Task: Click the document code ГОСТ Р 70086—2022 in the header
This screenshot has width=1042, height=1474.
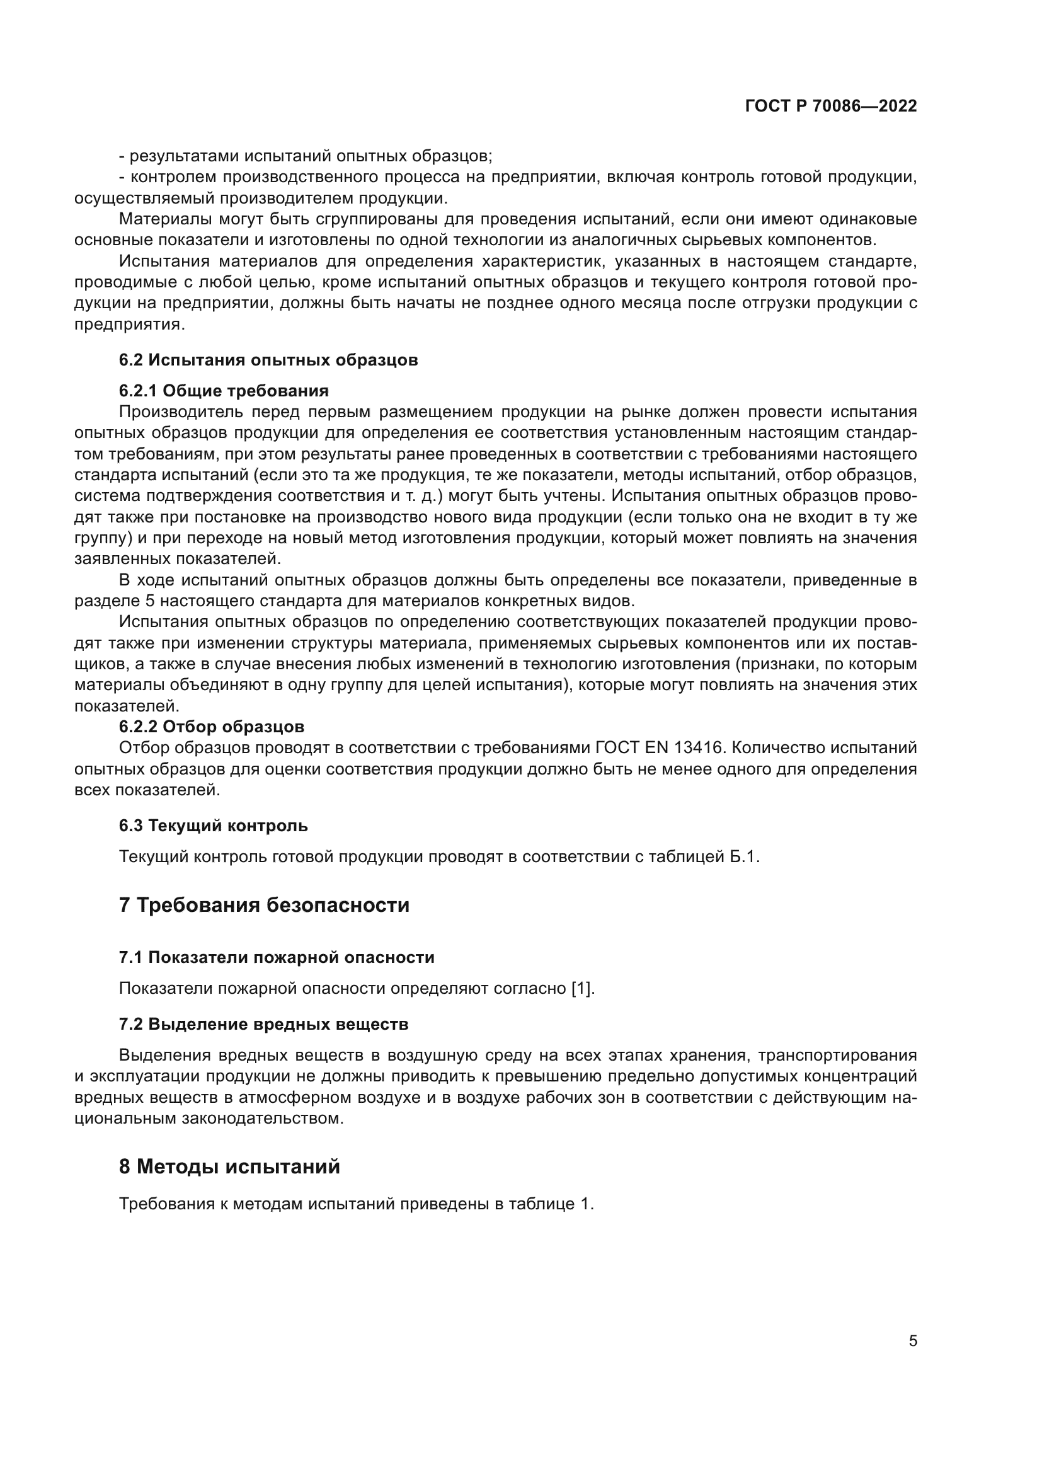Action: (830, 107)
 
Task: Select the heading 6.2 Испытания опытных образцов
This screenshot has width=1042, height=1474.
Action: (268, 360)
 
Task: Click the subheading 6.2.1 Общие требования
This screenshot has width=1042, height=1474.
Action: (223, 391)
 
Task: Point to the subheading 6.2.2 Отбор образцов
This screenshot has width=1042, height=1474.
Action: (211, 727)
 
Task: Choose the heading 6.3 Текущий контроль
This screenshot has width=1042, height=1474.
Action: (213, 826)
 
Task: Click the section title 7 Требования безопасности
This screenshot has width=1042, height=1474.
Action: (264, 905)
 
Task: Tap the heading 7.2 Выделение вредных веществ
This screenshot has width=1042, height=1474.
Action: (263, 1024)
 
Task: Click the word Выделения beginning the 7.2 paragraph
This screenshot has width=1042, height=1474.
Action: (166, 1056)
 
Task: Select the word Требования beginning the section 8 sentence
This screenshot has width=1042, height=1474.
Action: (165, 1204)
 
